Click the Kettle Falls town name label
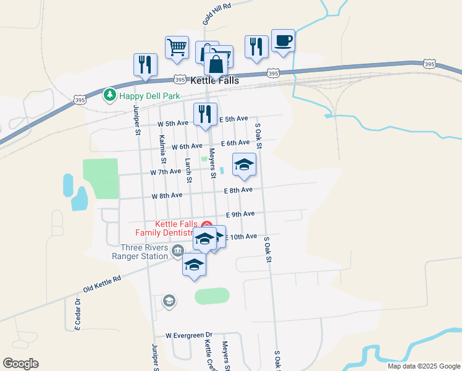[219, 80]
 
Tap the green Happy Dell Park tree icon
[110, 95]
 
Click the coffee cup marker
[283, 41]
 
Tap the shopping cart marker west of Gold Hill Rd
[177, 48]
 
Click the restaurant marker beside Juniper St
[146, 64]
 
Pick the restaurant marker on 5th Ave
[205, 114]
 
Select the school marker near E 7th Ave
[244, 164]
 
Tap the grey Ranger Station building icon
[178, 250]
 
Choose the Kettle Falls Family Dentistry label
[168, 228]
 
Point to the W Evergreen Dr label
[188, 335]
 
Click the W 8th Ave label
[167, 195]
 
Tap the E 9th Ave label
[240, 214]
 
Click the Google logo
[20, 363]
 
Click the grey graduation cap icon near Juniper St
[169, 301]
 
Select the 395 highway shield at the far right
[430, 64]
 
